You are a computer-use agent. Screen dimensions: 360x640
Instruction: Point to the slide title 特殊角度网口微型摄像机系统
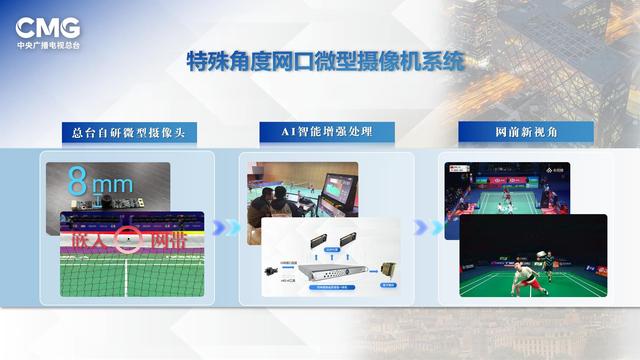point(326,62)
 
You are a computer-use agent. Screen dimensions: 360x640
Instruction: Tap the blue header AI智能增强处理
point(326,133)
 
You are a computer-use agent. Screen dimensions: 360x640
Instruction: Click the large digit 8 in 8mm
point(77,182)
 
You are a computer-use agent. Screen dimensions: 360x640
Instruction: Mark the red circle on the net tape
point(125,241)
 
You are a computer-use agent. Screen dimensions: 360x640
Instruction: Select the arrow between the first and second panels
point(228,228)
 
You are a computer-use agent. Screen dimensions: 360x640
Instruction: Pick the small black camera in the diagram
point(271,271)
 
